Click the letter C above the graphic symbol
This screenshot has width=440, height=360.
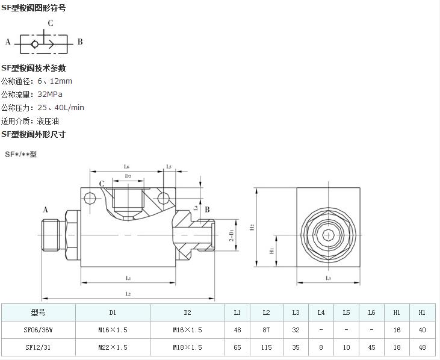[51, 23]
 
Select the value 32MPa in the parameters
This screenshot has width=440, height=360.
[50, 95]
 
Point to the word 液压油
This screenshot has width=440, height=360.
[48, 121]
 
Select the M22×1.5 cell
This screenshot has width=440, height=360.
[113, 347]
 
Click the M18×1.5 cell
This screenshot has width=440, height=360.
[187, 347]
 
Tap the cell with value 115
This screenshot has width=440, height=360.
[267, 347]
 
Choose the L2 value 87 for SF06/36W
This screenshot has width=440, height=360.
[267, 330]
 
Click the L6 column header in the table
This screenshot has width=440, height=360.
[372, 312]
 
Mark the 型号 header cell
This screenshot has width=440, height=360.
[38, 312]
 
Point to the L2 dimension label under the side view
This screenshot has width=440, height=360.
[128, 294]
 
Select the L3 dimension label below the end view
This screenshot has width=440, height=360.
[328, 278]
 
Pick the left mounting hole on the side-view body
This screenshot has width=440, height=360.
[90, 198]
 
